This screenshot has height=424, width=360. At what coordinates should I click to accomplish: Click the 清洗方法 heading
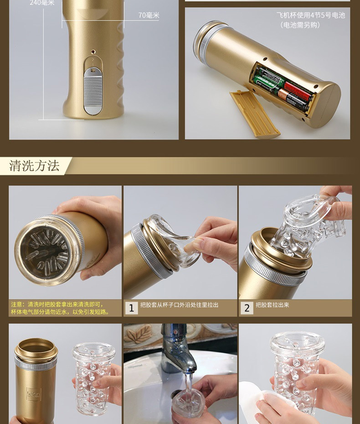[x=34, y=166]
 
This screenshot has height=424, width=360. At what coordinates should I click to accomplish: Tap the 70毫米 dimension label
[x=149, y=16]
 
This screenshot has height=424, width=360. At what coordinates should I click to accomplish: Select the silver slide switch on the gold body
[x=93, y=91]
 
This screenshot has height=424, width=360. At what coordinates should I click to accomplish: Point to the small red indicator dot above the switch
[x=93, y=52]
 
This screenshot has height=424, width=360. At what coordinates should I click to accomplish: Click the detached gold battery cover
[x=255, y=114]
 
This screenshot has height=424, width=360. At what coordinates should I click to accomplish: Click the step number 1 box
[x=131, y=308]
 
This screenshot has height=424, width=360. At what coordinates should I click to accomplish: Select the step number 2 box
[x=247, y=308]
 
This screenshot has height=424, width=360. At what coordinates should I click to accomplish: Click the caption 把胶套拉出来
[x=273, y=305]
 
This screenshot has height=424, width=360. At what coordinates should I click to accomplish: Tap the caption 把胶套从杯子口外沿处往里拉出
[x=179, y=305]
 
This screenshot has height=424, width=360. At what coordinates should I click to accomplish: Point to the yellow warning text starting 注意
[x=60, y=308]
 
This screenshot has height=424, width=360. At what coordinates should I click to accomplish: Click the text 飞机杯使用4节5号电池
[x=311, y=15]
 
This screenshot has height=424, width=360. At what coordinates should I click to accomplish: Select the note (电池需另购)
[x=300, y=25]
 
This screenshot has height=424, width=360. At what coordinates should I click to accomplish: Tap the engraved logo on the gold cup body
[x=34, y=394]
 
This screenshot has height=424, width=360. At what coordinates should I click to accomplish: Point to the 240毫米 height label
[x=42, y=3]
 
